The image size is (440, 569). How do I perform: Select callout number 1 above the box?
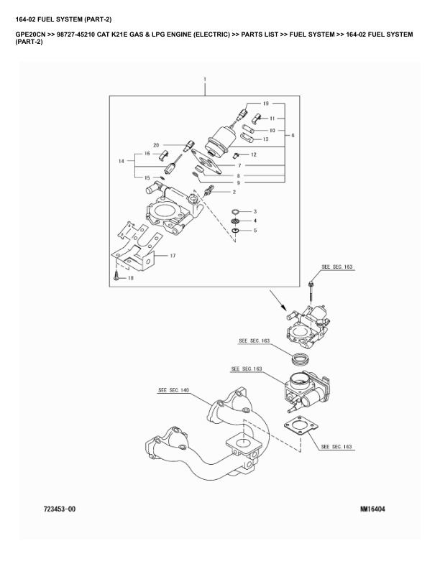205,78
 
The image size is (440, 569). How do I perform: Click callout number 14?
122,162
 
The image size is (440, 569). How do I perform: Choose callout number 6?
292,135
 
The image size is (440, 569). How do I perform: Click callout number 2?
234,192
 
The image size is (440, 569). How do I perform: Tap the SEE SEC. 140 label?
173,390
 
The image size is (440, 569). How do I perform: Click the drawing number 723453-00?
54,509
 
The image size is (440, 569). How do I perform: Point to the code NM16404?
372,509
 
